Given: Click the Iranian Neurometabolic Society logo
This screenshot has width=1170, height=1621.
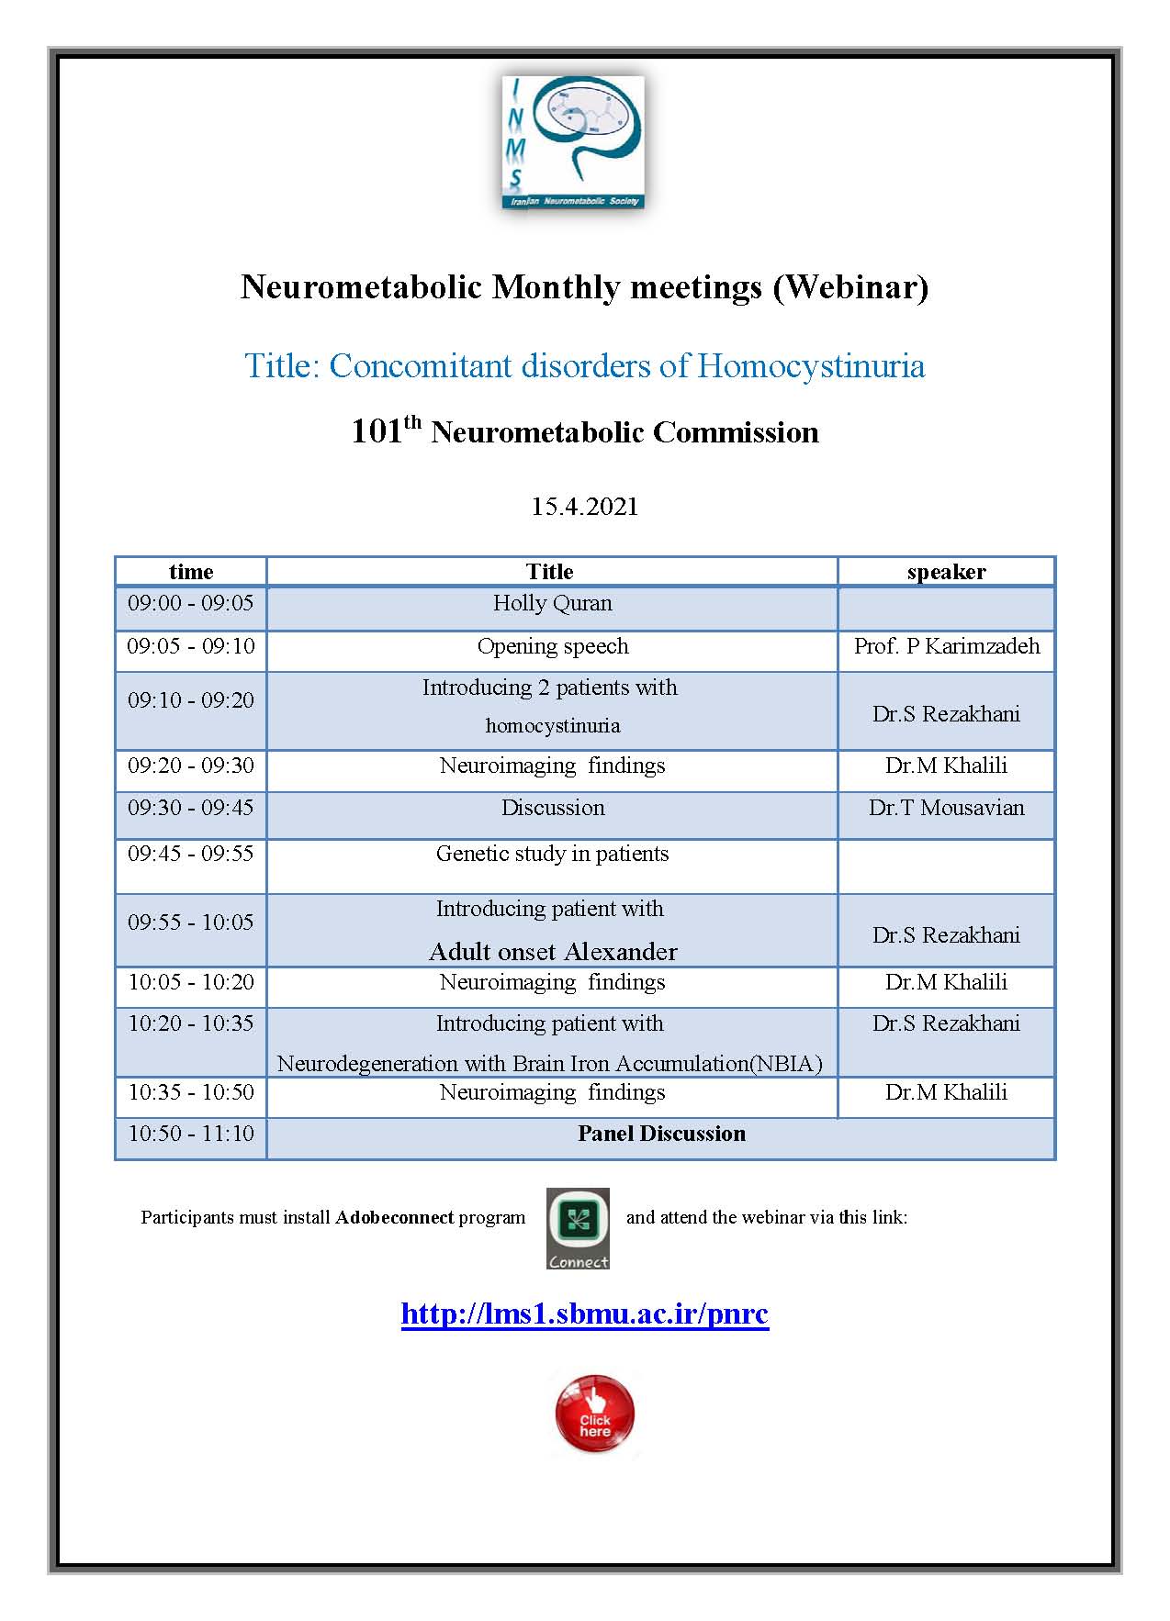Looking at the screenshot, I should [x=573, y=142].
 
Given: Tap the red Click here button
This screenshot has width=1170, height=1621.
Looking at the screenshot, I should [x=594, y=1414].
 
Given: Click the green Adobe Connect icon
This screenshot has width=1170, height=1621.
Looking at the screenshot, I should [x=578, y=1227].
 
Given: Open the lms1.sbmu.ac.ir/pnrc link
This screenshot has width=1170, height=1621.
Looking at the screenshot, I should [x=584, y=1314].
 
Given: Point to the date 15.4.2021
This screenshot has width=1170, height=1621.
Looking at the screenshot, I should [x=584, y=507].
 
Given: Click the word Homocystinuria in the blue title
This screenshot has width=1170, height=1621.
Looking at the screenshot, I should [x=811, y=366].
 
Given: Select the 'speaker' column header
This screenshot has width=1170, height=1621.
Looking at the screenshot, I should [x=946, y=572].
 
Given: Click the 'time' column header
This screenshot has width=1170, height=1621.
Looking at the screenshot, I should [x=191, y=572].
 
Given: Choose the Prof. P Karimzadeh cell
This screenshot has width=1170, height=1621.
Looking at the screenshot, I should [x=946, y=646].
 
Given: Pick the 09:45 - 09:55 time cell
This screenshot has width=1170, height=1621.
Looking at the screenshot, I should [x=191, y=854].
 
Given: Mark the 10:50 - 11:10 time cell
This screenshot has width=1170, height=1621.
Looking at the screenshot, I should [x=191, y=1134].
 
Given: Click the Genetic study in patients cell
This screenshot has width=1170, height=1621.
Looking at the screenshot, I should [x=552, y=854].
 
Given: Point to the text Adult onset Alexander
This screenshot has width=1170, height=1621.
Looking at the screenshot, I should [x=553, y=952].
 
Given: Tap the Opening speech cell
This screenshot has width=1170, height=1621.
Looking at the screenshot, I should [x=553, y=646].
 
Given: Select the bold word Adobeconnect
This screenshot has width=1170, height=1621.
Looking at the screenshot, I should [x=394, y=1218].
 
